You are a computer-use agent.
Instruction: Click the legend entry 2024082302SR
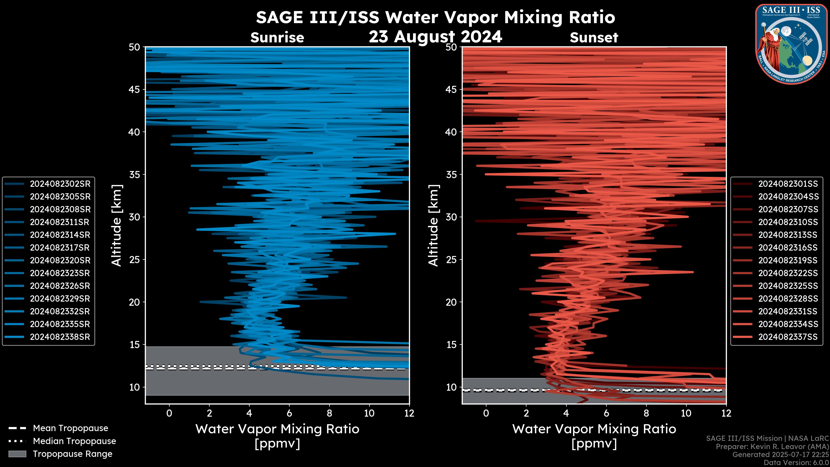[60, 184]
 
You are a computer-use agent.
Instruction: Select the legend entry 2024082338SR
[60, 337]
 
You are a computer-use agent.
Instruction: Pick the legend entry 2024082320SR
[60, 260]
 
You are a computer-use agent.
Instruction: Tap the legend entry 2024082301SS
[788, 184]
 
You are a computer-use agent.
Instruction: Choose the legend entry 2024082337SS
[788, 337]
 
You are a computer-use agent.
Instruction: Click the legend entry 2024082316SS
[788, 248]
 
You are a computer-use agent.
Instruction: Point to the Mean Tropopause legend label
[70, 428]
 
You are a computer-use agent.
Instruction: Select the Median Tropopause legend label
[74, 441]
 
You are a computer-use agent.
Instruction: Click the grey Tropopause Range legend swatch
[17, 454]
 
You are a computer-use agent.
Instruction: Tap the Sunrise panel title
[277, 38]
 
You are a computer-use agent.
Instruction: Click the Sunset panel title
[594, 38]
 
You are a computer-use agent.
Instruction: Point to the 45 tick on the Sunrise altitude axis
[134, 89]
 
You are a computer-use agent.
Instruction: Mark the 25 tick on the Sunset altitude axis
[451, 259]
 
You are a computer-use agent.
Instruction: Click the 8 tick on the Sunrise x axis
[329, 413]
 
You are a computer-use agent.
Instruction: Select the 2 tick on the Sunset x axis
[526, 413]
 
